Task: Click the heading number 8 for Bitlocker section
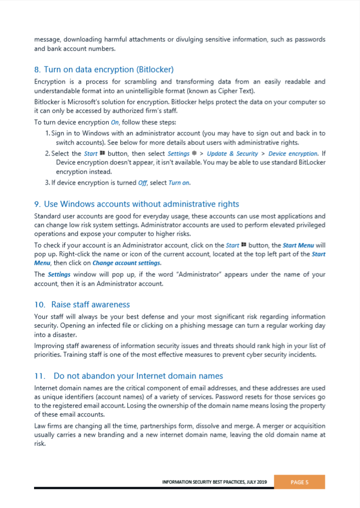coord(37,70)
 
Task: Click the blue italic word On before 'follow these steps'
coord(115,122)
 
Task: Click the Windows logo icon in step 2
coord(103,154)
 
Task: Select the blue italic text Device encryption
coord(292,154)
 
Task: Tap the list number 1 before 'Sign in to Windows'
coord(47,133)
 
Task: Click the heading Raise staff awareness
coord(91,304)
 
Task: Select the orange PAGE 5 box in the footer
coord(299,482)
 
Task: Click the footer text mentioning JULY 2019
coord(214,482)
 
